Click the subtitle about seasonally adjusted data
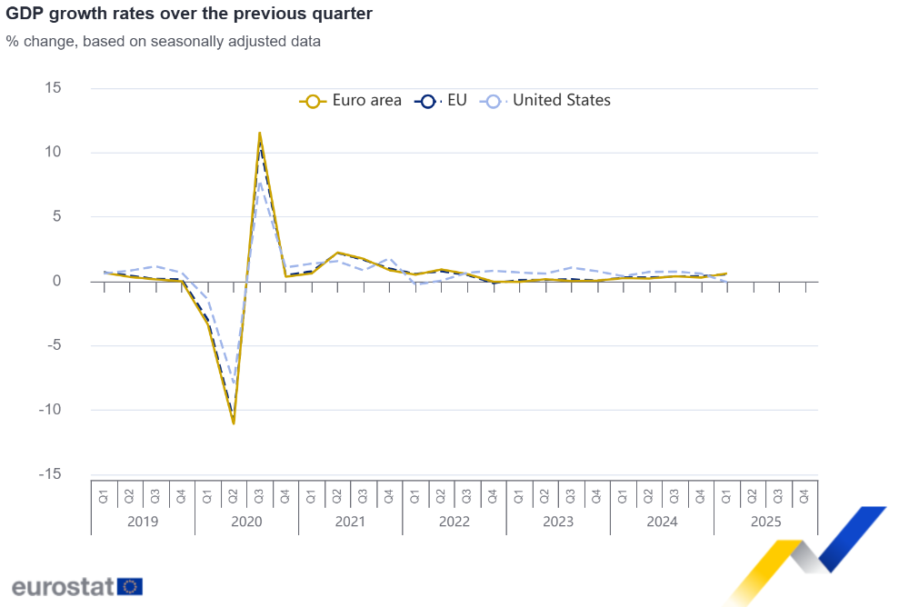[x=163, y=41]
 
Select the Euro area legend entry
[x=351, y=101]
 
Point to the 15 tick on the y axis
[x=53, y=88]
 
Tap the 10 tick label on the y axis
[x=53, y=153]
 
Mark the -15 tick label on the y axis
[x=50, y=474]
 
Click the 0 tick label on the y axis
[x=56, y=281]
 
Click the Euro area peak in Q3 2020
[x=260, y=133]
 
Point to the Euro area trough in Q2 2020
[x=234, y=423]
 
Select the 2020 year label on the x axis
[x=246, y=522]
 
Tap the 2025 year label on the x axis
[x=765, y=522]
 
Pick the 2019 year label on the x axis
[x=143, y=522]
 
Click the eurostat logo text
[x=63, y=586]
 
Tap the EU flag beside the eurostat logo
[x=130, y=586]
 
